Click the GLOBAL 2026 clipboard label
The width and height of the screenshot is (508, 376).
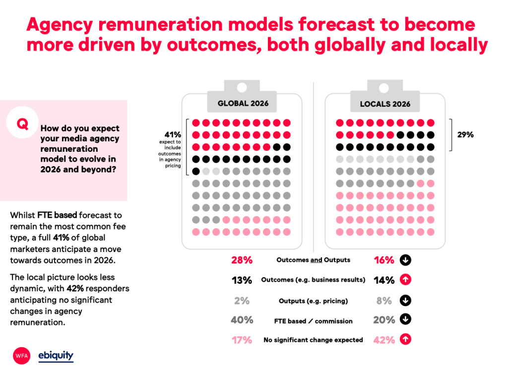click(243, 103)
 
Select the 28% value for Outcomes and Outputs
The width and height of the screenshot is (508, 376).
click(242, 260)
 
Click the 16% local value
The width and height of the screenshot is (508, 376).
click(384, 260)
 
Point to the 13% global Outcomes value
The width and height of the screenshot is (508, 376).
click(242, 280)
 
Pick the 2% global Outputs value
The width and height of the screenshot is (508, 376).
click(242, 301)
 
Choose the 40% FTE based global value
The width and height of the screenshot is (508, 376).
click(242, 320)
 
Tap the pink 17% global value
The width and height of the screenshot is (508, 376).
click(242, 340)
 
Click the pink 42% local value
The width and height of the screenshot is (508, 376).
click(384, 340)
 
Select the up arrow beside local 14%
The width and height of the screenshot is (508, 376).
click(405, 280)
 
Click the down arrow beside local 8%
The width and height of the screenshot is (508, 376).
click(405, 301)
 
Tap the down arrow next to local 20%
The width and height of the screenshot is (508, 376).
click(405, 320)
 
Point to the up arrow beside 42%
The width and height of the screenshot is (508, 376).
click(405, 340)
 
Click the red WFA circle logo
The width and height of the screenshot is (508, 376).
click(22, 356)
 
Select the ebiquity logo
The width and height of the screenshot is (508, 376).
click(56, 356)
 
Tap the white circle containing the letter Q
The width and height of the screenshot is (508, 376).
click(22, 124)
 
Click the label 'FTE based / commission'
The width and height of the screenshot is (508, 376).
click(313, 321)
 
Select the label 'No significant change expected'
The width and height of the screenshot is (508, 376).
click(313, 340)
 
